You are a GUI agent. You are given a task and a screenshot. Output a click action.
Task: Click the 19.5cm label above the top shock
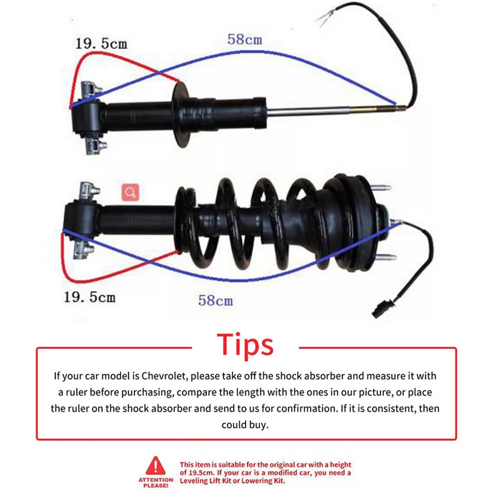click(101, 43)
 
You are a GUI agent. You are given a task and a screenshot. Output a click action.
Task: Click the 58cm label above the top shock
click(244, 39)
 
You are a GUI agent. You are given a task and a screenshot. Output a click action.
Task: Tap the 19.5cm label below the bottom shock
click(89, 297)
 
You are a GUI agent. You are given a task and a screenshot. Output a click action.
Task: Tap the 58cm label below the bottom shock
click(215, 300)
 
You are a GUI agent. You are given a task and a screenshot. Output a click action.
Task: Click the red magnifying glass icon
click(130, 193)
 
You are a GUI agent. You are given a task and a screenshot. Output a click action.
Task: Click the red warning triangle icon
click(155, 466)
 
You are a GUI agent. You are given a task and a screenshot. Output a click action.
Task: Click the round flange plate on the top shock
click(181, 113)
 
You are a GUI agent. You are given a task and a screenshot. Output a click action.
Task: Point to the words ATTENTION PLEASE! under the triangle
click(155, 482)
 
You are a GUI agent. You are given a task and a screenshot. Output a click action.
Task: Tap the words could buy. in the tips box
click(245, 425)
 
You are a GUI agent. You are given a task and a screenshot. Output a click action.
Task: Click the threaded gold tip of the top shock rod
click(376, 109)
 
